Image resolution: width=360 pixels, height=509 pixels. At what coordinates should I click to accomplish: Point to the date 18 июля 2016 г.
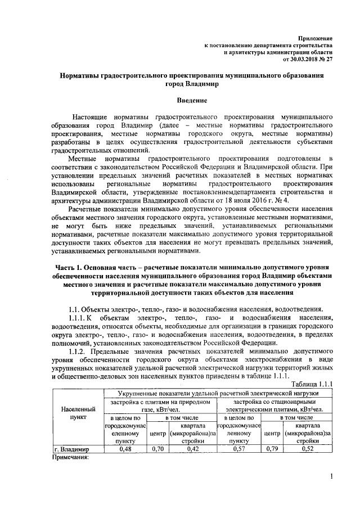(x=246, y=199)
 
